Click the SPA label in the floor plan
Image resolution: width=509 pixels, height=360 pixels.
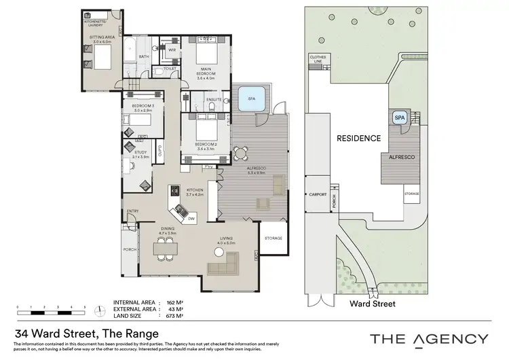click(x=251, y=99)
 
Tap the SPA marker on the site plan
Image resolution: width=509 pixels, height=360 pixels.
click(x=399, y=117)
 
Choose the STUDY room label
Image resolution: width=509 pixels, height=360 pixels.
click(x=140, y=154)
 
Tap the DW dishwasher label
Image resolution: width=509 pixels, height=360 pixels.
click(x=192, y=218)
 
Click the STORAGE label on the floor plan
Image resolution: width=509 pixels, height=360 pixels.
click(x=274, y=238)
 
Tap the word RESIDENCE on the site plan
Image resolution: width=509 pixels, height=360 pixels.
click(x=358, y=138)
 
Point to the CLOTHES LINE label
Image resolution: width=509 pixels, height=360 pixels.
click(x=318, y=59)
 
